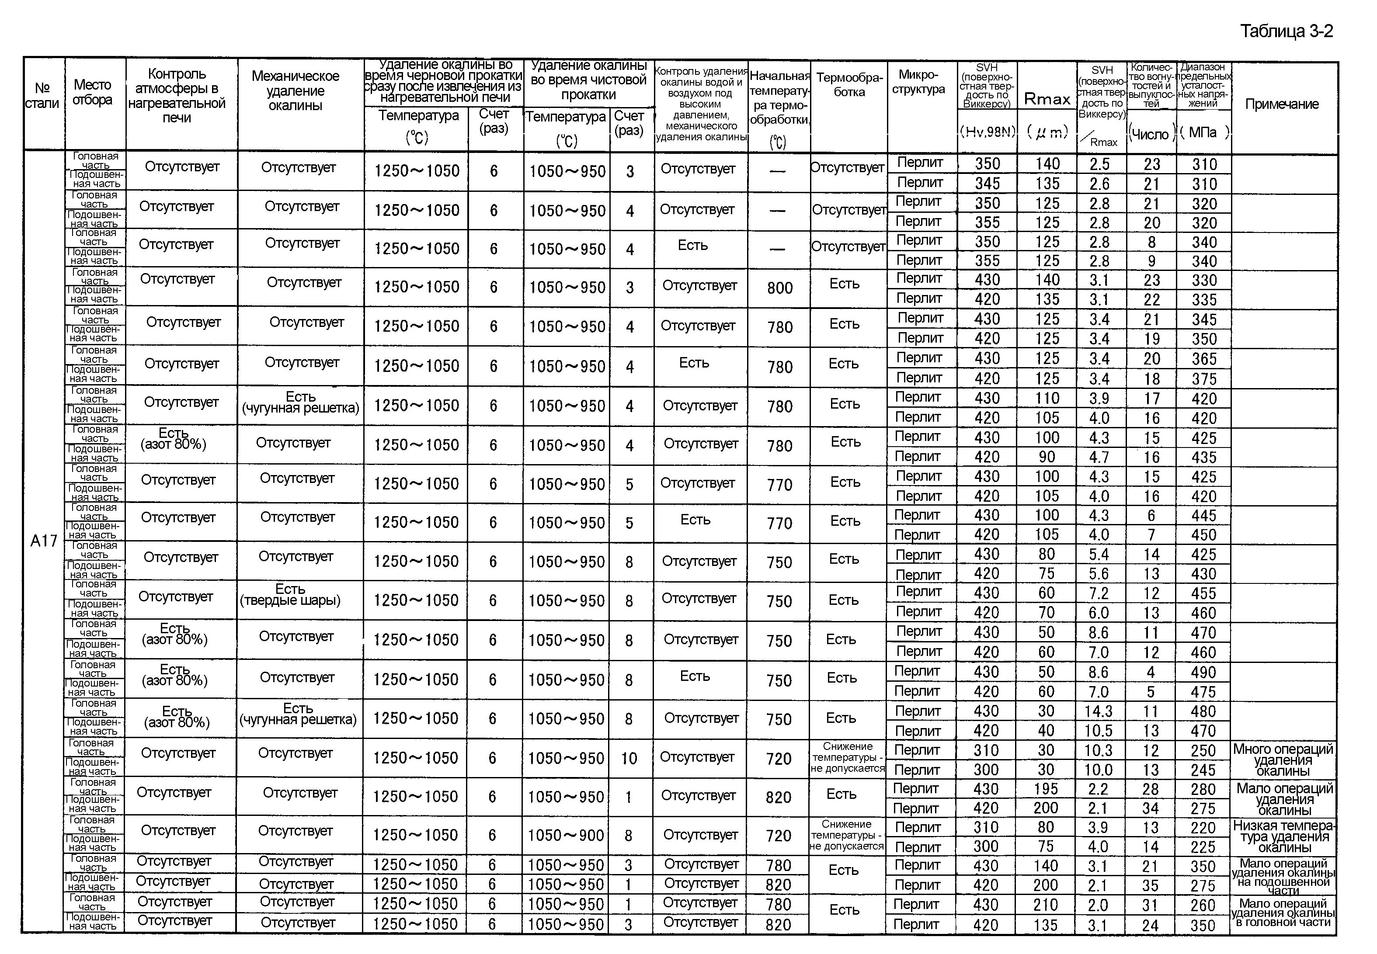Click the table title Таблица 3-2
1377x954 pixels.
1286,31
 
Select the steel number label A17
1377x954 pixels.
44,541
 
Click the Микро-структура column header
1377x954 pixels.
918,82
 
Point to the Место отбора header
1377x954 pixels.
93,92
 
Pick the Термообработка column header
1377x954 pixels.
849,84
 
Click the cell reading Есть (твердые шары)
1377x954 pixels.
291,595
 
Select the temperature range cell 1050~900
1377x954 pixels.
566,836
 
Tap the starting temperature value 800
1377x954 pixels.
780,288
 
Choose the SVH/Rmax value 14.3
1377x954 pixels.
1099,711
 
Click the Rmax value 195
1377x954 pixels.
1046,789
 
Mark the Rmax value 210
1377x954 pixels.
1046,905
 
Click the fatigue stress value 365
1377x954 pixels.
1203,359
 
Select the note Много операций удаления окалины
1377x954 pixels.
1283,760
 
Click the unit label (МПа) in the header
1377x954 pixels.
1203,132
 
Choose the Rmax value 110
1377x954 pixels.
1047,398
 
